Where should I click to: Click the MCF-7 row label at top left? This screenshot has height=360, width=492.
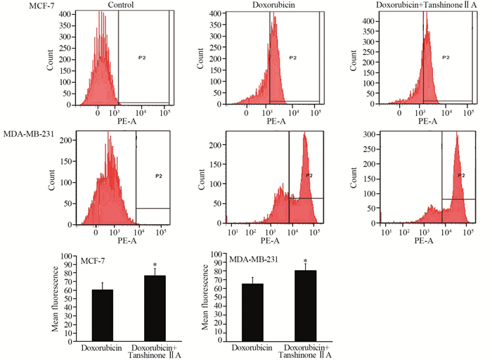pyautogui.click(x=15, y=6)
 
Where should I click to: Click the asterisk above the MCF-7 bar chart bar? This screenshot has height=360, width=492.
pyautogui.click(x=154, y=264)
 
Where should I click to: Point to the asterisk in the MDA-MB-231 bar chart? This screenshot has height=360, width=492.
pyautogui.click(x=305, y=261)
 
